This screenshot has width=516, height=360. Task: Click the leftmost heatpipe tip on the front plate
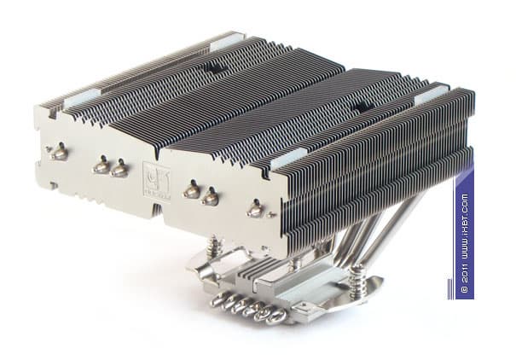coord(59,154)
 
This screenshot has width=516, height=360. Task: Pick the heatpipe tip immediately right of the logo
coord(193,190)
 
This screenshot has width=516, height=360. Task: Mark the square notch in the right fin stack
coord(360,107)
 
